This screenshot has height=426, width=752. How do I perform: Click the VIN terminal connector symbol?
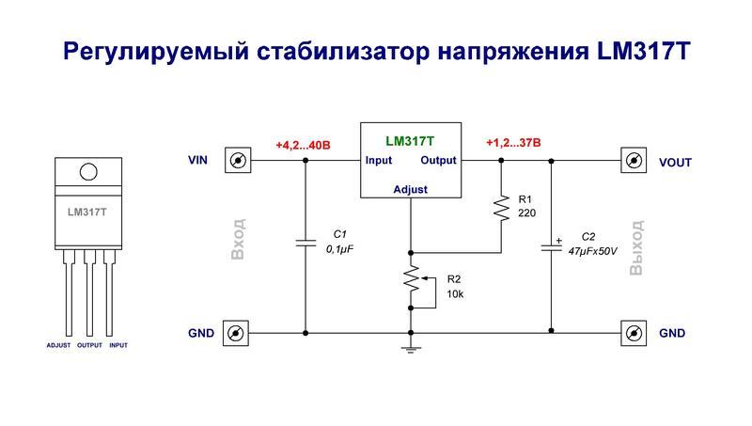[x=238, y=161]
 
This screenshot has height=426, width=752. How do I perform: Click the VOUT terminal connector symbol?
[x=634, y=161]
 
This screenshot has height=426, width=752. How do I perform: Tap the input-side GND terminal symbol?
[x=238, y=333]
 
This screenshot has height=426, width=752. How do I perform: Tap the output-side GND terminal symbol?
[x=634, y=333]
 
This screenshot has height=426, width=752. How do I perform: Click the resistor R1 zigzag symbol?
[x=501, y=208]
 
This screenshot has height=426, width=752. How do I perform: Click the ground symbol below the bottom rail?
[x=411, y=349]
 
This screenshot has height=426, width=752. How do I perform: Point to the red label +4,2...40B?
[x=303, y=145]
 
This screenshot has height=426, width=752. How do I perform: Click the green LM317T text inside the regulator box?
[x=410, y=140]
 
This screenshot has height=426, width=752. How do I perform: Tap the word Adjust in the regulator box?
[x=410, y=189]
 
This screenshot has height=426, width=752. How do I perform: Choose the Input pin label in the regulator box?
[x=379, y=161]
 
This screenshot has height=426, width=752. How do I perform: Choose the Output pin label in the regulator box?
[x=438, y=161]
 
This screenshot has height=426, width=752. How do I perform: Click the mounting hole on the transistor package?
[x=87, y=172]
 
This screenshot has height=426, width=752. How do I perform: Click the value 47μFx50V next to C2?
[x=593, y=252]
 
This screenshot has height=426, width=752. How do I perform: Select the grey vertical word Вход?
[x=239, y=240]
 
